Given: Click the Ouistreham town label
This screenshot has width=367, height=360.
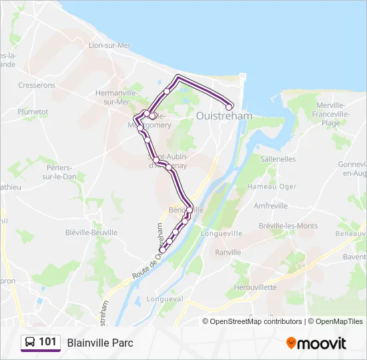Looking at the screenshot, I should point(224,115).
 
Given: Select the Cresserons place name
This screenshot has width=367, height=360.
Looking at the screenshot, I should point(37,85).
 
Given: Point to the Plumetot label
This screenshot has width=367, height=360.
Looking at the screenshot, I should point(33,111).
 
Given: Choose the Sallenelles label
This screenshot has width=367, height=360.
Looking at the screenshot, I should point(278,159).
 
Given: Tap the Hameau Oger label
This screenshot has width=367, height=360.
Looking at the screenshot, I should point(271,187).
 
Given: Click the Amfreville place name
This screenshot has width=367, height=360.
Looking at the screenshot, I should point(271,206).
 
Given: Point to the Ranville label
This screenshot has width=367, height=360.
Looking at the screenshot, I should point(228,252).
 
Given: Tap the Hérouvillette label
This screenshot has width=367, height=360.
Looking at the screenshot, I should point(256,287).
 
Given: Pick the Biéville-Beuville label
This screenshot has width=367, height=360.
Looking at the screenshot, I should point(91,232).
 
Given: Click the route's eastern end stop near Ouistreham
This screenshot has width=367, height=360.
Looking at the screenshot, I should point(230,107).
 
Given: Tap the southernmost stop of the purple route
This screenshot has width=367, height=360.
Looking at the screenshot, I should point(162,250).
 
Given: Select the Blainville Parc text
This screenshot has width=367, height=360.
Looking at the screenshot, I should point(100,343).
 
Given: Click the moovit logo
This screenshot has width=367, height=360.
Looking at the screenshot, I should point(316,343).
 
